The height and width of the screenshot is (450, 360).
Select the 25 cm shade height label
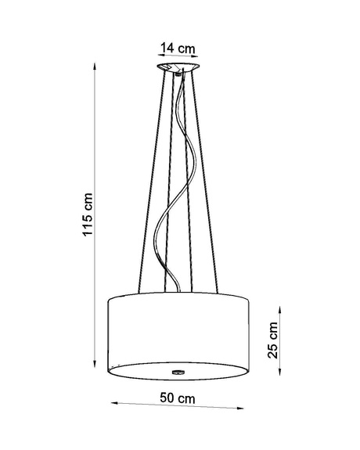point(272,340)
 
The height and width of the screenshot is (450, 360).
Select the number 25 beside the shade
point(272,349)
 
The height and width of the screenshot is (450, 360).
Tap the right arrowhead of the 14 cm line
point(195,54)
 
